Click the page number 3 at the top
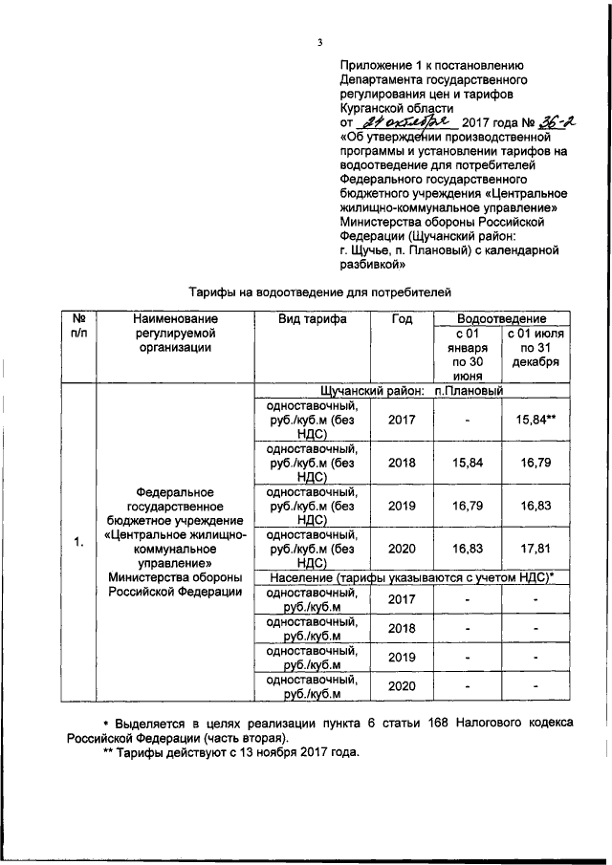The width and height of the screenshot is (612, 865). point(321,41)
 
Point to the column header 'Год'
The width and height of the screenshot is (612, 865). point(402,319)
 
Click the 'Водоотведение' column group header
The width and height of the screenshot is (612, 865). point(502,318)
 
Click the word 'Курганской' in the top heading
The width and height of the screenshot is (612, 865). point(374,108)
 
